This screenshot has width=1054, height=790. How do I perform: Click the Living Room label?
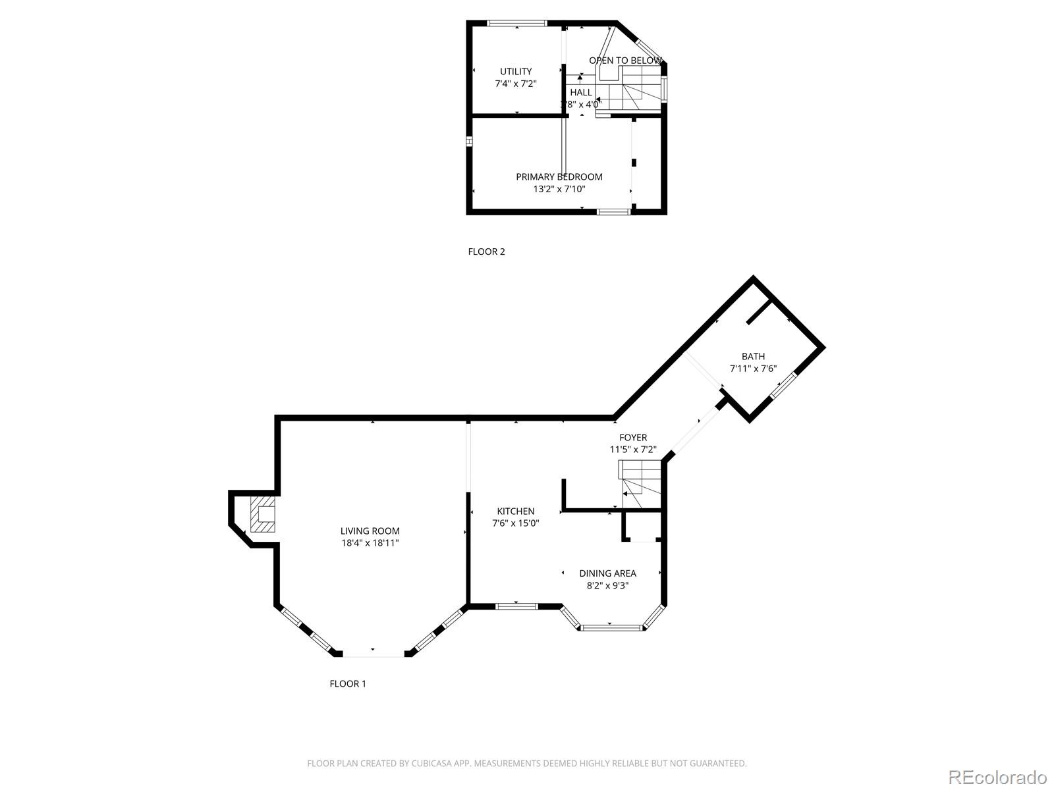(370, 531)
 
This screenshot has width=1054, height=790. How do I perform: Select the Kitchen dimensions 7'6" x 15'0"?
(516, 523)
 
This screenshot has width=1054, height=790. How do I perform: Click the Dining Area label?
(607, 573)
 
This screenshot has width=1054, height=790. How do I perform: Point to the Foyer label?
(632, 437)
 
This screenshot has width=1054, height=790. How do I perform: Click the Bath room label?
(753, 356)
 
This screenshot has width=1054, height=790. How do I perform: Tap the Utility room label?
(516, 71)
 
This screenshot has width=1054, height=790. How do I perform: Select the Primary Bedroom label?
(559, 176)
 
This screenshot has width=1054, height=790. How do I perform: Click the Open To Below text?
(625, 61)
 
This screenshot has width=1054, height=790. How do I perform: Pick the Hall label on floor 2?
(581, 92)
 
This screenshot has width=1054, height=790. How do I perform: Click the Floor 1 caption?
(348, 683)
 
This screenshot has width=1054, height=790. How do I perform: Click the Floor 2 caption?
(486, 251)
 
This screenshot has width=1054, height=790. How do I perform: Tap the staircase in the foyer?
(640, 484)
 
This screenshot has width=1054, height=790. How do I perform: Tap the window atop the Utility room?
(517, 24)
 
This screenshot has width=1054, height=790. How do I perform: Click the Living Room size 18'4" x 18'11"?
(370, 543)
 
